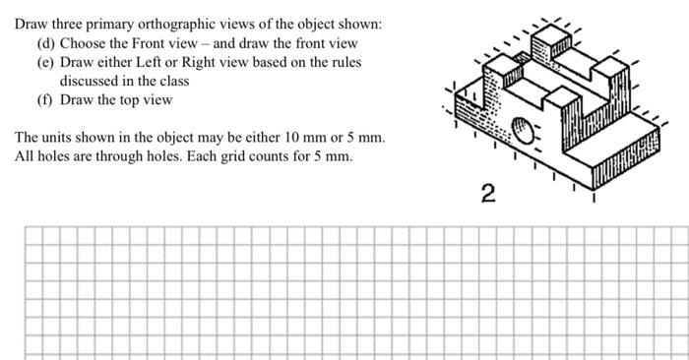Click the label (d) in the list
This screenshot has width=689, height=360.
click(45, 43)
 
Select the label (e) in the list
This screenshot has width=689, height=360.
click(45, 62)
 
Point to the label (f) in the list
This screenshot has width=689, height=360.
click(45, 99)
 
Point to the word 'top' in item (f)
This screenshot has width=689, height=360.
click(128, 99)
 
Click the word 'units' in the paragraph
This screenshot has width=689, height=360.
click(56, 138)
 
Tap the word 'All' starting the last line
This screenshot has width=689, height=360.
click(25, 156)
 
